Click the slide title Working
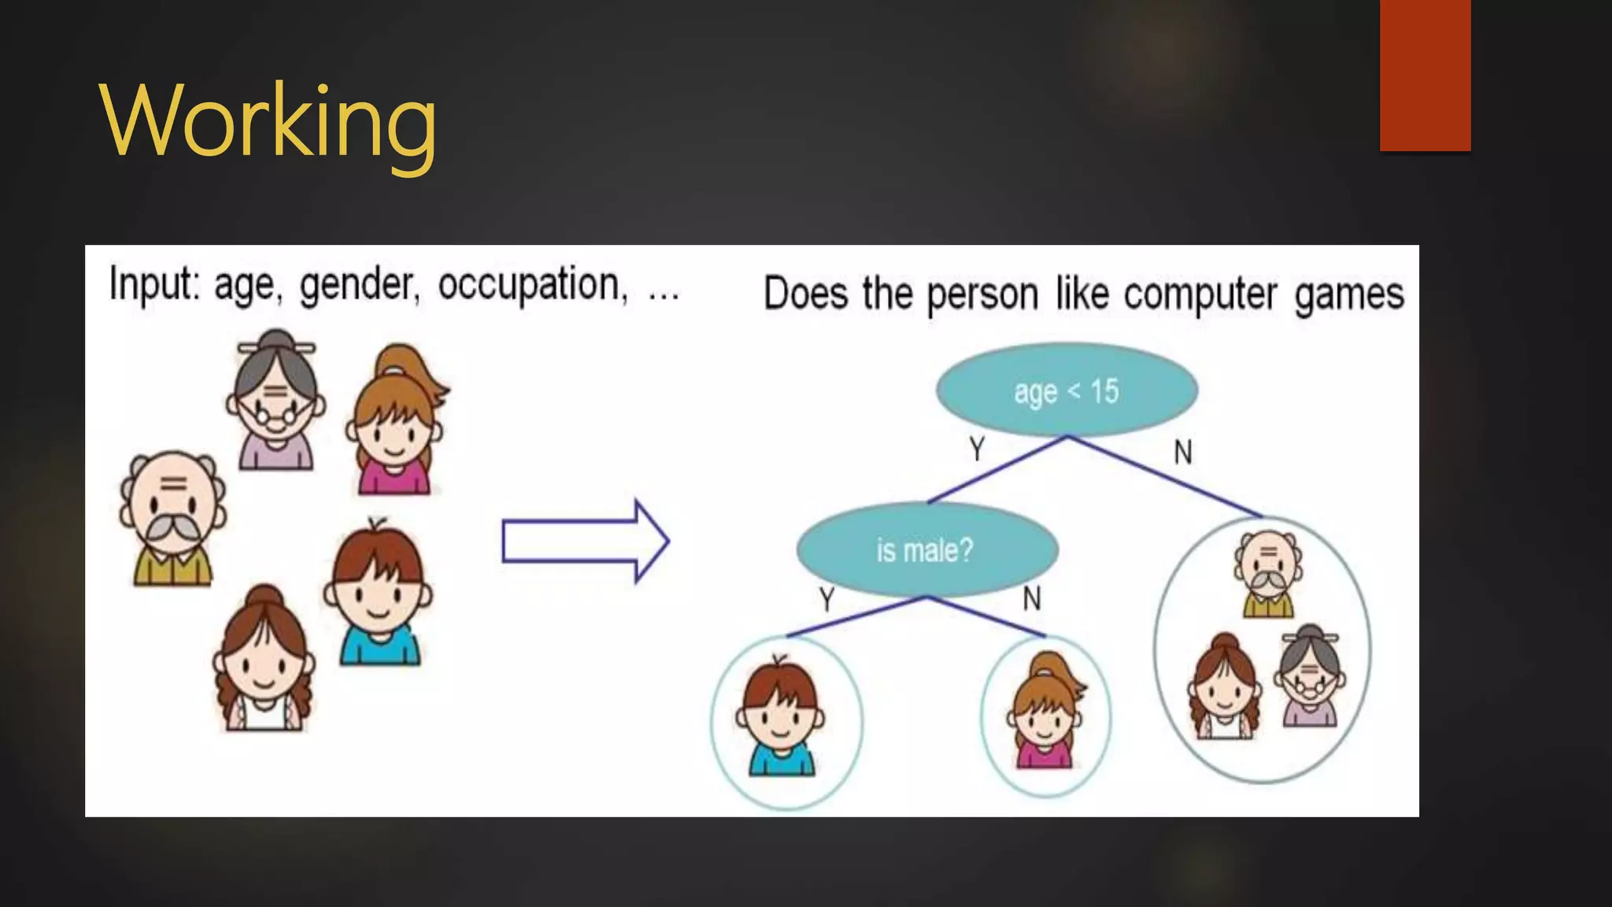pos(268,122)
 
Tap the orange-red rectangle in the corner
pos(1425,75)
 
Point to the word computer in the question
pos(1200,294)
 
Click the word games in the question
pos(1349,294)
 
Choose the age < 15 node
pos(1067,390)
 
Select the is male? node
pos(926,550)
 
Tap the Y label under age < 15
pos(977,450)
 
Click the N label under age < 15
pos(1182,452)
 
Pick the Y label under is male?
pos(826,600)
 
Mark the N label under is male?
pos(1031,599)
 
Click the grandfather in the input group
pos(172,519)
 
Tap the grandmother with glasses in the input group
pos(275,401)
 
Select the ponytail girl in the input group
pos(395,421)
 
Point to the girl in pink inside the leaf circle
pos(1045,713)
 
